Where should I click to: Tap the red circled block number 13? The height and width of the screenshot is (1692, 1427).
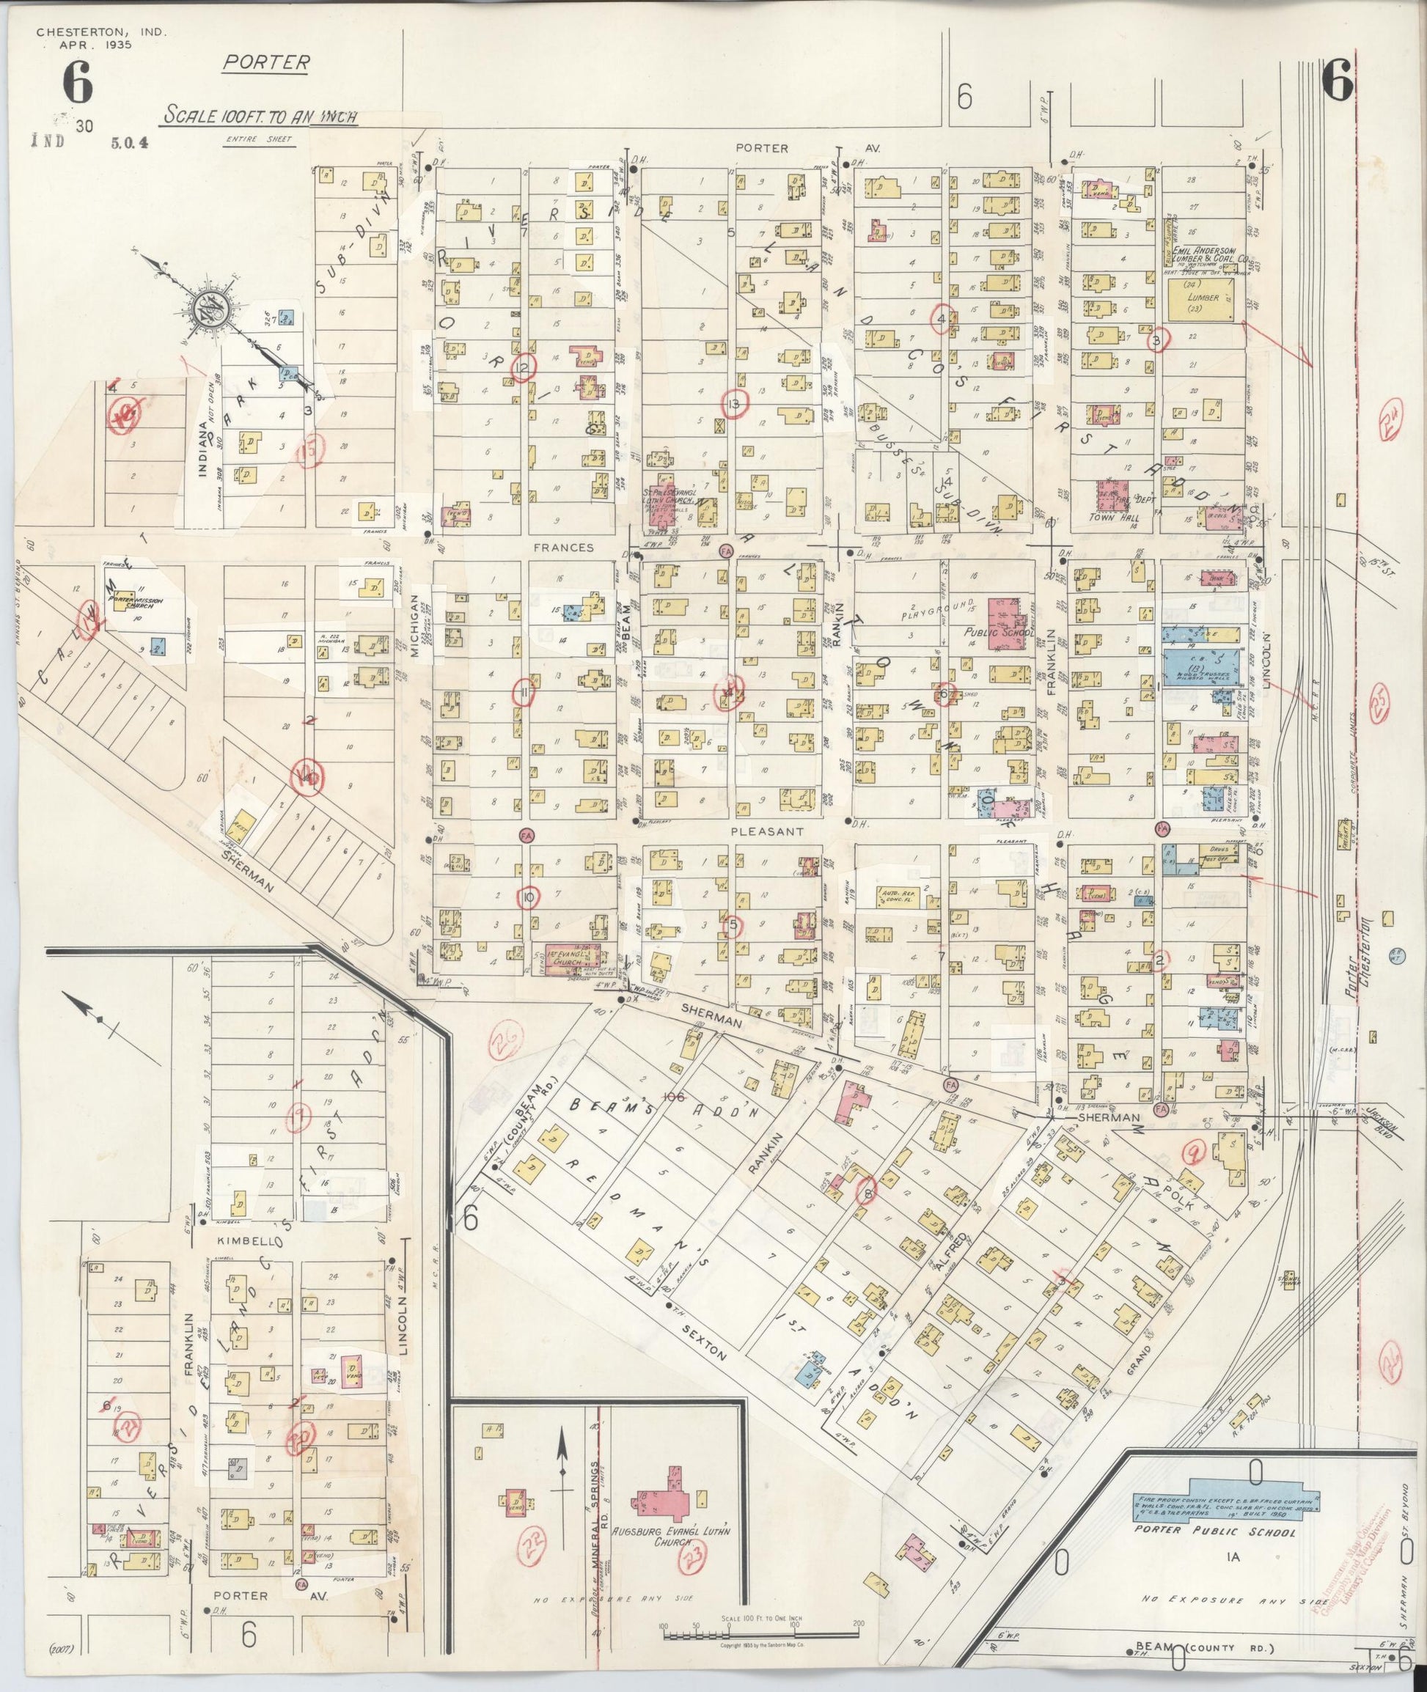pyautogui.click(x=735, y=404)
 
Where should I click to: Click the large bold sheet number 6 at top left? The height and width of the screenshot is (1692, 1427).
pyautogui.click(x=77, y=85)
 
